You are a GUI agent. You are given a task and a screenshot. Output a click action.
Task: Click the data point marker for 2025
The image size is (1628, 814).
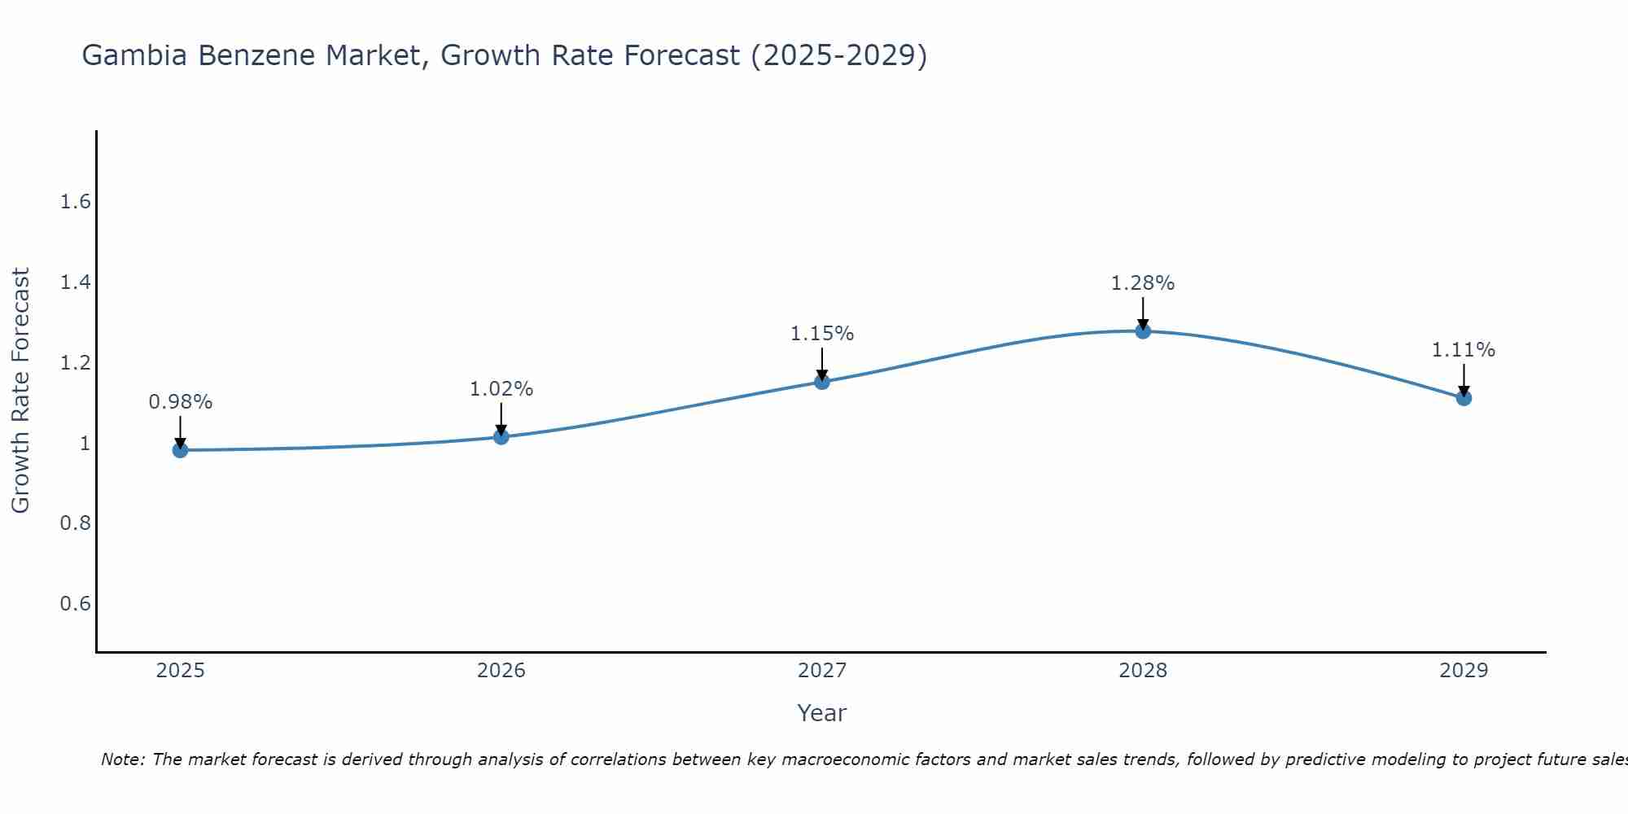coord(180,450)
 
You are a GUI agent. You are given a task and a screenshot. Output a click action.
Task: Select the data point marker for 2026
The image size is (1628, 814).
coord(501,437)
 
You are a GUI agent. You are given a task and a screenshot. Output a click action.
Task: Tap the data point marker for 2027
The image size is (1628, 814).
coord(822,382)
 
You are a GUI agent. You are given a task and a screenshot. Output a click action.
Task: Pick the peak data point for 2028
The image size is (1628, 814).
coord(1143,330)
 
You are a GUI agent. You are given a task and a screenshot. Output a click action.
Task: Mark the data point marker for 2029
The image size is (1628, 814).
coord(1464,398)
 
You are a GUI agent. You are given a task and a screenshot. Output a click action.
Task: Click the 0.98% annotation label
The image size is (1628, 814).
coord(180,402)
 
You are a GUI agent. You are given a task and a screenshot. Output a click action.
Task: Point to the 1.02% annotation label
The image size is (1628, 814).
coord(501,389)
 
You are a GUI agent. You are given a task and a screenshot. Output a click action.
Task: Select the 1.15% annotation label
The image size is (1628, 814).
coord(822,334)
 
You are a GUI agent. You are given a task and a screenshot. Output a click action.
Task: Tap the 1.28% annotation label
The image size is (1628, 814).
coord(1143,283)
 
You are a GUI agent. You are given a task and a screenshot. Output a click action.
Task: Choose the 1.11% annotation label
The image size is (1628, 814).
coord(1464,350)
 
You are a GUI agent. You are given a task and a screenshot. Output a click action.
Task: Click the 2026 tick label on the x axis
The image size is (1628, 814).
coord(501,671)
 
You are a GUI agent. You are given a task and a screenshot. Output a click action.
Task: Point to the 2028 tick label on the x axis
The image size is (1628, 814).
coord(1143,671)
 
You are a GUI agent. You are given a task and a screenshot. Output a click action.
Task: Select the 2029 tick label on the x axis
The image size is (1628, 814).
coord(1464,671)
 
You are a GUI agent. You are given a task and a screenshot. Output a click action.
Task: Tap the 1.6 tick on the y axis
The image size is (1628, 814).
coord(75,202)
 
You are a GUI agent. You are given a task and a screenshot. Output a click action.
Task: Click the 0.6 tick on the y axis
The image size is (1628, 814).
coord(75,603)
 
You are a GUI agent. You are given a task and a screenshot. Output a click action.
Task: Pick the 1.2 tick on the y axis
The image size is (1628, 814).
coord(75,362)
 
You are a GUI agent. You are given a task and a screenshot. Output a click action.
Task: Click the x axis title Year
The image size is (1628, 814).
coord(822,713)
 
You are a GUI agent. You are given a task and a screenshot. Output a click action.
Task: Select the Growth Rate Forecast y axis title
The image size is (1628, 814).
coord(20,391)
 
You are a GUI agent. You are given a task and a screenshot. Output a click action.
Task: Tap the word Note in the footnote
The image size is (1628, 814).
coord(122,759)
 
